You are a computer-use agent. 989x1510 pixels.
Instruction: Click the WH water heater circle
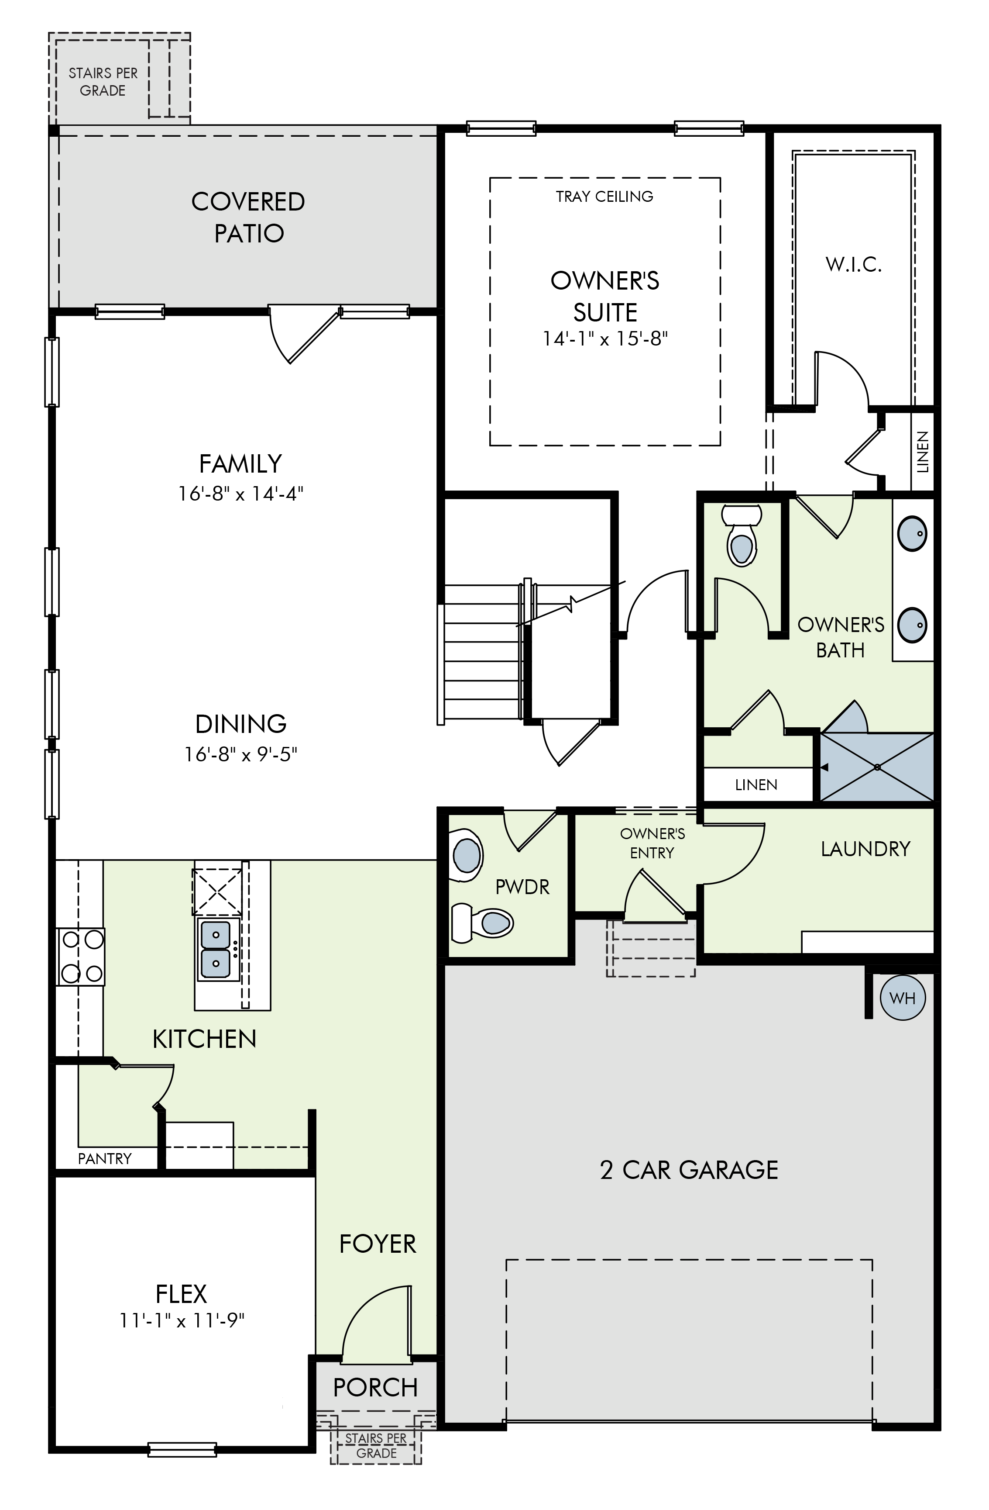902,998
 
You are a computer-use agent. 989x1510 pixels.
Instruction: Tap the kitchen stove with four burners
81,956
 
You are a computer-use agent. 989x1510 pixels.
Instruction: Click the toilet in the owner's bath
741,536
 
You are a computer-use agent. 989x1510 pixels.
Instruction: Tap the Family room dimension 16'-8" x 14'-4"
241,494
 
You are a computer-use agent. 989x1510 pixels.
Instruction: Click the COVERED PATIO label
248,217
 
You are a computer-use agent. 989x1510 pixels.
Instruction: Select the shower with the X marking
877,767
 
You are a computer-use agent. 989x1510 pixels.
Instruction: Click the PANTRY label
105,1158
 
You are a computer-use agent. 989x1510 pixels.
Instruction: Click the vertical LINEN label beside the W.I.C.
922,452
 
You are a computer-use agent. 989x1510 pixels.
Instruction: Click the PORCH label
375,1388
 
